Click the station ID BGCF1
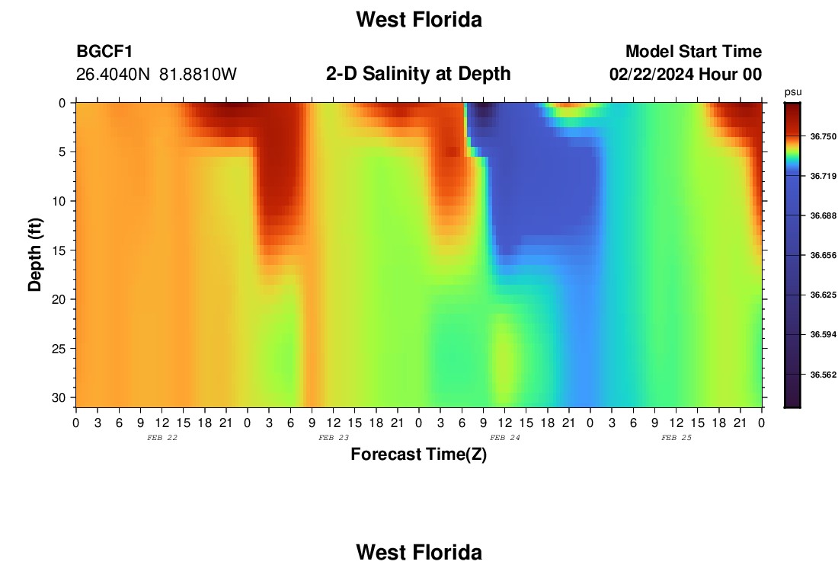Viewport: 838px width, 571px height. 104,51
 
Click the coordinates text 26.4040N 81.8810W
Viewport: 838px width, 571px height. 156,75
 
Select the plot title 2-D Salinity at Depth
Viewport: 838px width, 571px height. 418,74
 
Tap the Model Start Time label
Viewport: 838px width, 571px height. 693,51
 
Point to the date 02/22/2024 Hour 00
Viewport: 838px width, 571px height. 686,75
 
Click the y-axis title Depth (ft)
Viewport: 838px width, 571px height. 35,254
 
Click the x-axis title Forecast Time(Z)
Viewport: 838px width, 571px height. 418,454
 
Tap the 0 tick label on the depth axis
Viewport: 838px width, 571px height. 62,103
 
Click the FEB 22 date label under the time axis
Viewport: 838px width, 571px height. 162,438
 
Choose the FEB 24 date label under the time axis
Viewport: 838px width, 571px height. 505,438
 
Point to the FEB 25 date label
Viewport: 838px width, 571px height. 676,438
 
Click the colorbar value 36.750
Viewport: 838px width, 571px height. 823,137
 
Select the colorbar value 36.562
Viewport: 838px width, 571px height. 823,375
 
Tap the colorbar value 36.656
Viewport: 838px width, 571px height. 823,255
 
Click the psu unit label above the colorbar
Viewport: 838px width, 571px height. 793,92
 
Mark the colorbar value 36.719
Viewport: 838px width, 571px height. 823,177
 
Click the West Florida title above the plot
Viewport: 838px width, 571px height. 419,20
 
